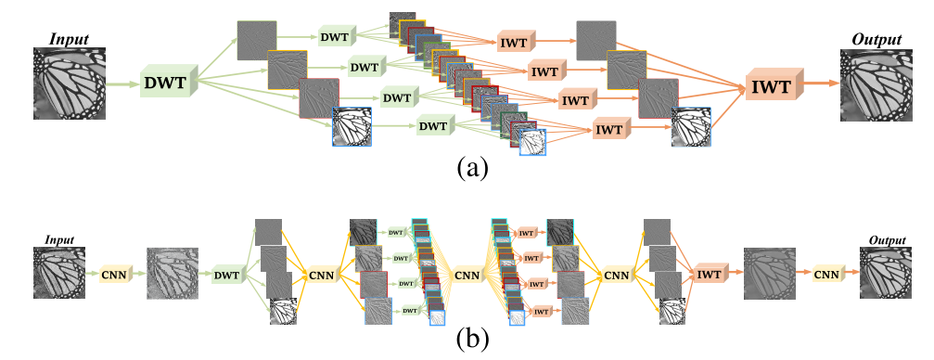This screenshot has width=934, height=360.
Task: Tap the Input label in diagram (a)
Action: point(70,40)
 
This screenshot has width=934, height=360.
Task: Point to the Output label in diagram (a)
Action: point(876,40)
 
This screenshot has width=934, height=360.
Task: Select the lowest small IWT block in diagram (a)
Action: point(609,130)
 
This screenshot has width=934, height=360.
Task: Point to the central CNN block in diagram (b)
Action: point(468,274)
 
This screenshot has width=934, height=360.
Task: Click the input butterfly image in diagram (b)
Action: point(60,273)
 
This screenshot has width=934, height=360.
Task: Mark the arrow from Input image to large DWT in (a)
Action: point(122,84)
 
